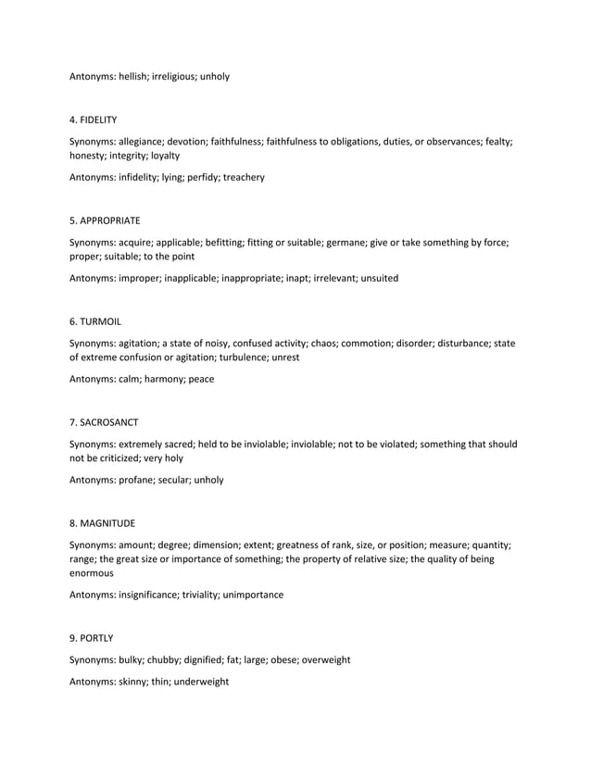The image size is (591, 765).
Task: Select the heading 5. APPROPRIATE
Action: coord(106,220)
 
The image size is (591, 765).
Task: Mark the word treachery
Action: coord(243,177)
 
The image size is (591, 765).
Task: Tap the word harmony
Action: coord(163,379)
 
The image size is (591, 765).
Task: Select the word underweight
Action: coord(200,682)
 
